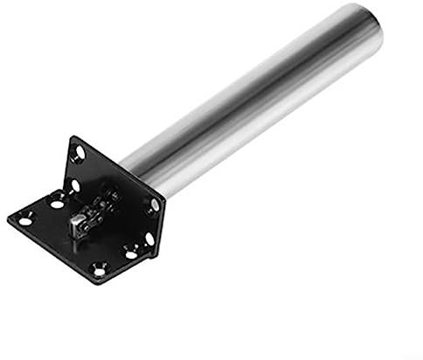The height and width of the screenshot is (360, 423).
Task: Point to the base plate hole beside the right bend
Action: click(130, 253)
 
